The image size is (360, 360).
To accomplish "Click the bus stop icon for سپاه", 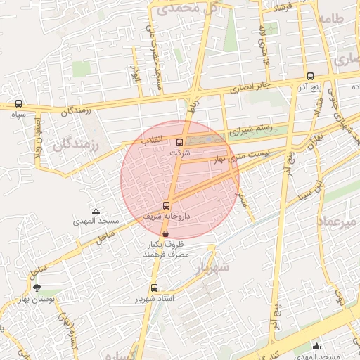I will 18,103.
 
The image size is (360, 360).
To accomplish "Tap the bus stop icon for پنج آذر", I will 310,75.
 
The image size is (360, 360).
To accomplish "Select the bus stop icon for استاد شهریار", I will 154,288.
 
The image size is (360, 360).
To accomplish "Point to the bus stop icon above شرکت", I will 179,142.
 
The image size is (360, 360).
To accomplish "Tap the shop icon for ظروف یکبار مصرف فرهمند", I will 165,233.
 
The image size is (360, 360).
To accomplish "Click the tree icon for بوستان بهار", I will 37,288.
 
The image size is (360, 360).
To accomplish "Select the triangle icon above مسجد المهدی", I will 96,211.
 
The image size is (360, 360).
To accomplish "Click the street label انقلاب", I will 153,140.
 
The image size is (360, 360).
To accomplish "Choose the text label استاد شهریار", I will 172,299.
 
